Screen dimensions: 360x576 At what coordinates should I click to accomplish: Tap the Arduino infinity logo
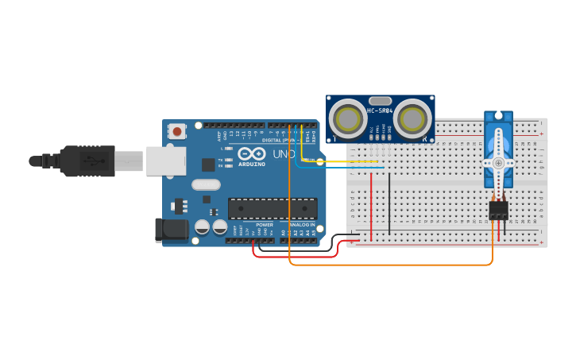click(x=249, y=154)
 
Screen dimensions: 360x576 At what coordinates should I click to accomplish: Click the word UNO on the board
click(x=284, y=154)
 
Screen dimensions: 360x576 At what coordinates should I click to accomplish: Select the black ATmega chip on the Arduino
click(x=273, y=208)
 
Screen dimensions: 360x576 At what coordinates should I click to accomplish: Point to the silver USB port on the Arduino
click(x=166, y=161)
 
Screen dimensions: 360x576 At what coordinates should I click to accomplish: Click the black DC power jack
click(x=172, y=230)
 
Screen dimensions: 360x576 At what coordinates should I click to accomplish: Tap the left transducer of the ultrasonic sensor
click(x=349, y=119)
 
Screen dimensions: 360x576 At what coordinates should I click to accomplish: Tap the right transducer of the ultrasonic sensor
click(x=412, y=119)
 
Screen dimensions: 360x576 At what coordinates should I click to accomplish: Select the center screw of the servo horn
click(x=498, y=162)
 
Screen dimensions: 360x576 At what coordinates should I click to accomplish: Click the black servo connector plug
click(x=498, y=210)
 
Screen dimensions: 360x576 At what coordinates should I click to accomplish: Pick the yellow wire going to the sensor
click(x=342, y=162)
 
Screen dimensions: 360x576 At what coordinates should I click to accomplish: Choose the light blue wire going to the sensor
click(x=342, y=168)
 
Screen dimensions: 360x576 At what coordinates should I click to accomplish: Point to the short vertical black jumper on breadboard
click(x=389, y=203)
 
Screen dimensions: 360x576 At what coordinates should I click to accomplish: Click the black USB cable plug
click(x=87, y=161)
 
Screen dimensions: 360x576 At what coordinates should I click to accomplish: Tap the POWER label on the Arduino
click(x=265, y=225)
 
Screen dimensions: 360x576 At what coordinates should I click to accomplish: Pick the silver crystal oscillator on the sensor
click(x=381, y=101)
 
